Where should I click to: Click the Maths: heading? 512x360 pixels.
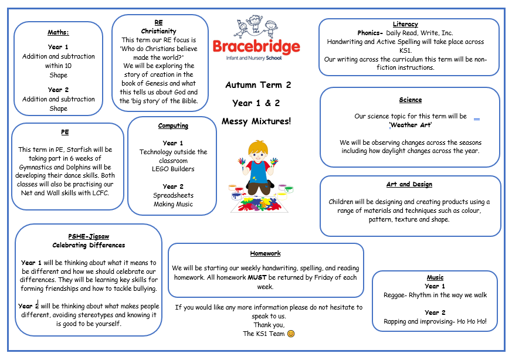point(58,32)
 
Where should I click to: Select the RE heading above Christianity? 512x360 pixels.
point(158,22)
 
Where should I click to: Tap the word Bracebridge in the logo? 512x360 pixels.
point(256,47)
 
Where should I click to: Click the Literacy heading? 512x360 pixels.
point(405,24)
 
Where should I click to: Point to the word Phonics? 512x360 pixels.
point(369,33)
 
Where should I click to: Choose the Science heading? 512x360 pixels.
point(410,100)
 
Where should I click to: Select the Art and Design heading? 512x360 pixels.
point(409,184)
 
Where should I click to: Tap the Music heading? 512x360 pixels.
point(435,277)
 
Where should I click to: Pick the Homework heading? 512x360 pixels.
point(265,253)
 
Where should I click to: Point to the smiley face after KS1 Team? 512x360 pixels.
point(290,334)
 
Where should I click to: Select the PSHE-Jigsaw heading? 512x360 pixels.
point(89,236)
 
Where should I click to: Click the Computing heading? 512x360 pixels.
point(173,125)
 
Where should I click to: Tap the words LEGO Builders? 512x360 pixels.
point(173,169)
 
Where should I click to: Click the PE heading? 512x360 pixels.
point(65,133)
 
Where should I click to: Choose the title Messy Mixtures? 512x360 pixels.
point(256,121)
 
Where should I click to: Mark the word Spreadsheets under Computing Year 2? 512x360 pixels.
point(173,195)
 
